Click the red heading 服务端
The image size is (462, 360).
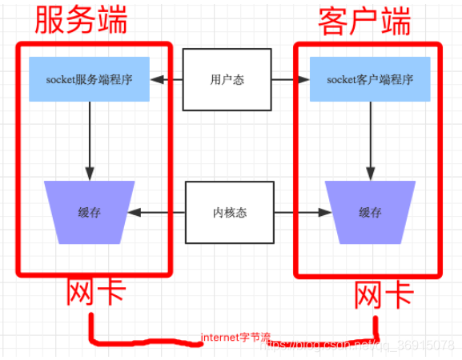tap(80, 20)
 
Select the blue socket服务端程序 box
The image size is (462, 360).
tap(90, 79)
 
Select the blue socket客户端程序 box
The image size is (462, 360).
tap(371, 79)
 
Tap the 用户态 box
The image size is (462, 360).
tap(227, 79)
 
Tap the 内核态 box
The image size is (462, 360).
tap(228, 213)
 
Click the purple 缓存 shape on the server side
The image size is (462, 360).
tap(90, 213)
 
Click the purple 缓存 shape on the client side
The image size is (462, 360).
tap(370, 213)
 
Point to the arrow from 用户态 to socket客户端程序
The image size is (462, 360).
tap(291, 79)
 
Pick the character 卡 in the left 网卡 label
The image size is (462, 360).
tap(111, 294)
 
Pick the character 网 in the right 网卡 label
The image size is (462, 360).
tap(369, 295)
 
